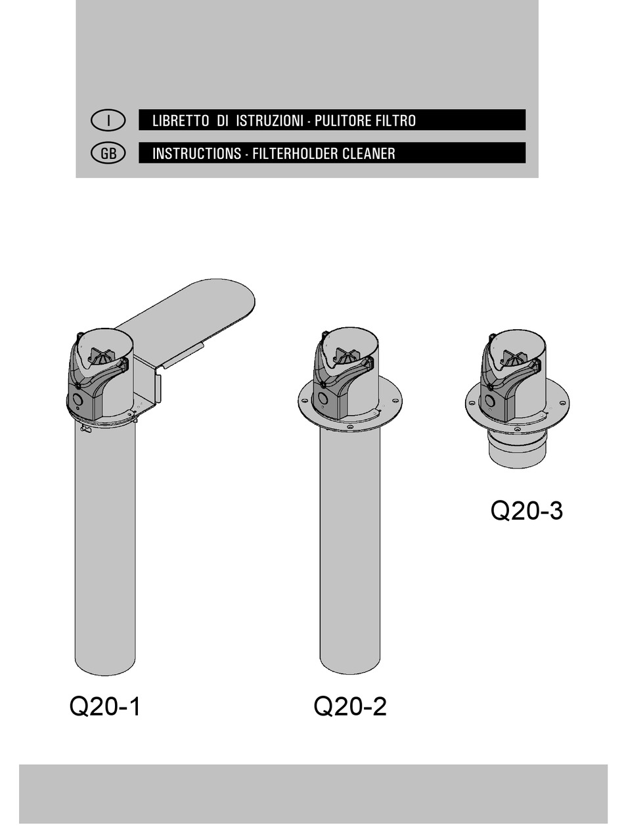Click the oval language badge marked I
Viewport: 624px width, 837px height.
[x=108, y=120]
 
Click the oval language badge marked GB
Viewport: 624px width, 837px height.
[x=108, y=153]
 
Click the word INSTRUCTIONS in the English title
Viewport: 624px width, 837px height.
[x=196, y=154]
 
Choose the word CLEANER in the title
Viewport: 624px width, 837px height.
[x=368, y=154]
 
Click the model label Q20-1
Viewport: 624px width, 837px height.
[x=105, y=707]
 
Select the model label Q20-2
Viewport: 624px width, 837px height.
[x=350, y=707]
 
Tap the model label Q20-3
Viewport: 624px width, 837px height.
[x=526, y=510]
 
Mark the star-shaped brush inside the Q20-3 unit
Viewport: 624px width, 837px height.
[x=514, y=359]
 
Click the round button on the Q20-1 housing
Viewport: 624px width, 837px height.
[x=77, y=399]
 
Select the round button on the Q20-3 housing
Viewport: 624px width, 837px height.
[x=489, y=400]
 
